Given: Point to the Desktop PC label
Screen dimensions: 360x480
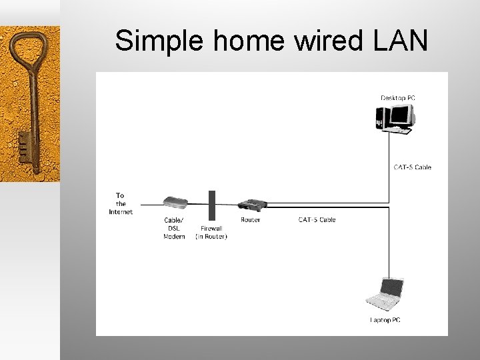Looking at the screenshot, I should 398,98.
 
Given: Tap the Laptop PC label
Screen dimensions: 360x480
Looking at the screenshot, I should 385,320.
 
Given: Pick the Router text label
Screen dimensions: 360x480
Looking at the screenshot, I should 250,219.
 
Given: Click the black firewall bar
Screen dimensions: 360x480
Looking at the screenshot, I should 211,205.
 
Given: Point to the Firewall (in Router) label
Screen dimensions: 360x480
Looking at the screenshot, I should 211,232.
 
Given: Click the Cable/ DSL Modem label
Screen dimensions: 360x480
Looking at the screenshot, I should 174,228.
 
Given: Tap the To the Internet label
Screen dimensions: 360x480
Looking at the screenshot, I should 121,203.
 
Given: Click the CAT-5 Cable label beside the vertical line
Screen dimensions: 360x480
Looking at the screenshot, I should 412,167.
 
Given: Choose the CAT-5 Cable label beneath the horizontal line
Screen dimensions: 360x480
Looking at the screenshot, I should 317,219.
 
